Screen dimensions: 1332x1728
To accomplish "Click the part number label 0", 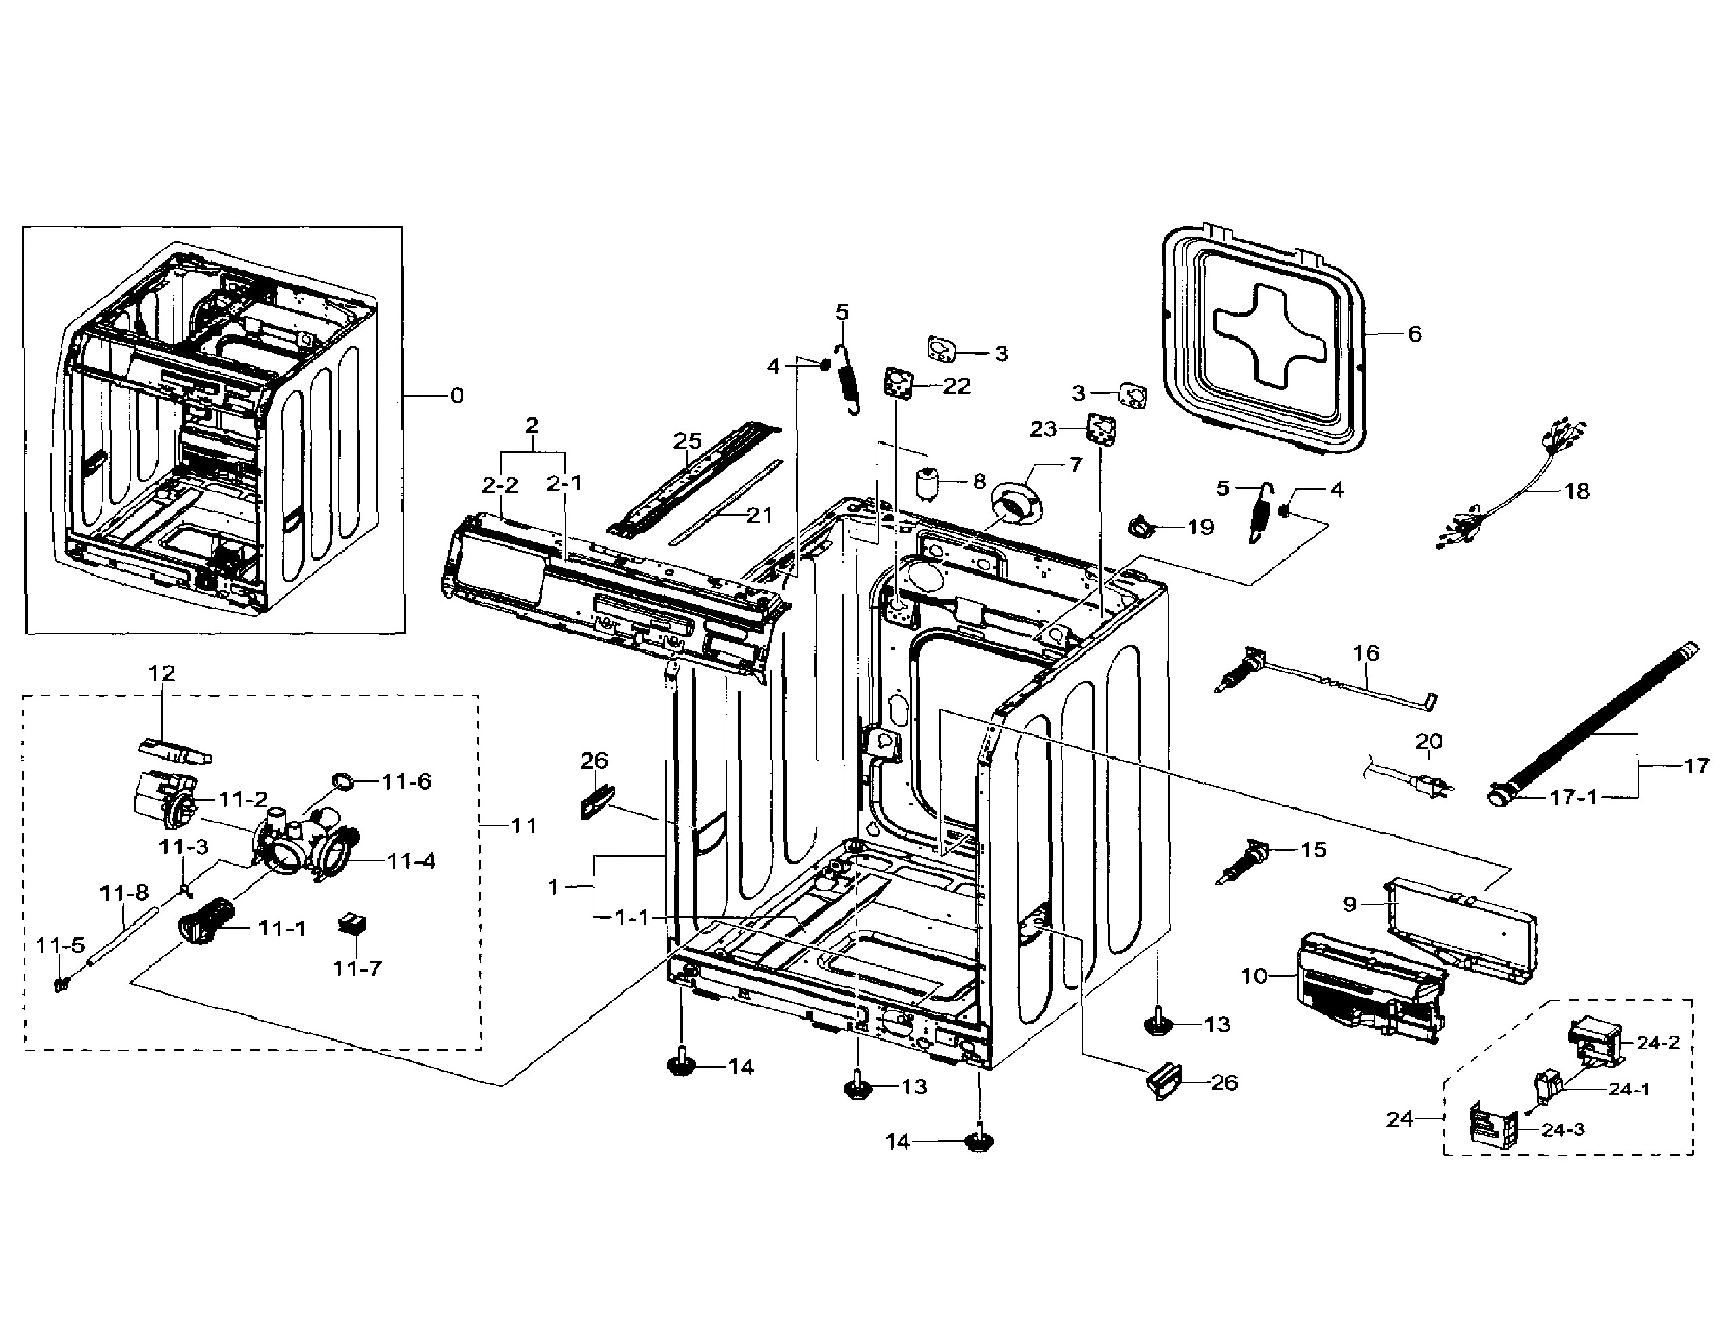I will pos(456,395).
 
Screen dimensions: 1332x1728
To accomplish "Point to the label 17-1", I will pos(1573,796).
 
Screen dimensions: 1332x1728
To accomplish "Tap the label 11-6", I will pos(407,782).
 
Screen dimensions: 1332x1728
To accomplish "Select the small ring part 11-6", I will pos(342,781).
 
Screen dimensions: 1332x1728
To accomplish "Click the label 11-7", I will pos(357,967).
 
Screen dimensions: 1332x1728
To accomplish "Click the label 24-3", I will pos(1563,1129).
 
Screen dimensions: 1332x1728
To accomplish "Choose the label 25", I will pos(688,441).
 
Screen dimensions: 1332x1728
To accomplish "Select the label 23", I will pos(1043,428).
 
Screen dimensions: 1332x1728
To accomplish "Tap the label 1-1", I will pos(632,918).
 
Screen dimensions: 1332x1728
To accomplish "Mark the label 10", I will pos(1254,976).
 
